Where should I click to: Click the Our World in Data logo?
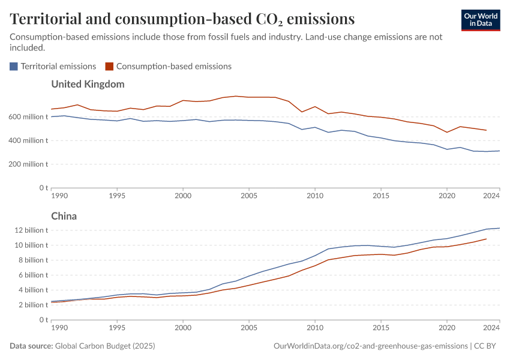481,20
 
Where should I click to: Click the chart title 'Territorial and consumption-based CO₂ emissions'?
182,19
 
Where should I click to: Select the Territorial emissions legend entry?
53,66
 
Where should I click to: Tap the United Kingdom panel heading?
88,84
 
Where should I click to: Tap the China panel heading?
64,216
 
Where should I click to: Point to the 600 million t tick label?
28,117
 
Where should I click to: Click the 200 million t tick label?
28,164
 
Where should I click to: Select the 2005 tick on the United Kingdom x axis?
249,196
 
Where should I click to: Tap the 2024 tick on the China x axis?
491,328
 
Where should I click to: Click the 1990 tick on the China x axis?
59,328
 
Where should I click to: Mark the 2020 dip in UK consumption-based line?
447,133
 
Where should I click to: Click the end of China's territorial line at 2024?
499,228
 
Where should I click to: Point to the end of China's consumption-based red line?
486,239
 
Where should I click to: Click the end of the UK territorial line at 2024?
499,151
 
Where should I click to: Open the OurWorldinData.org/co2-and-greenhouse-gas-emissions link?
370,346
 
